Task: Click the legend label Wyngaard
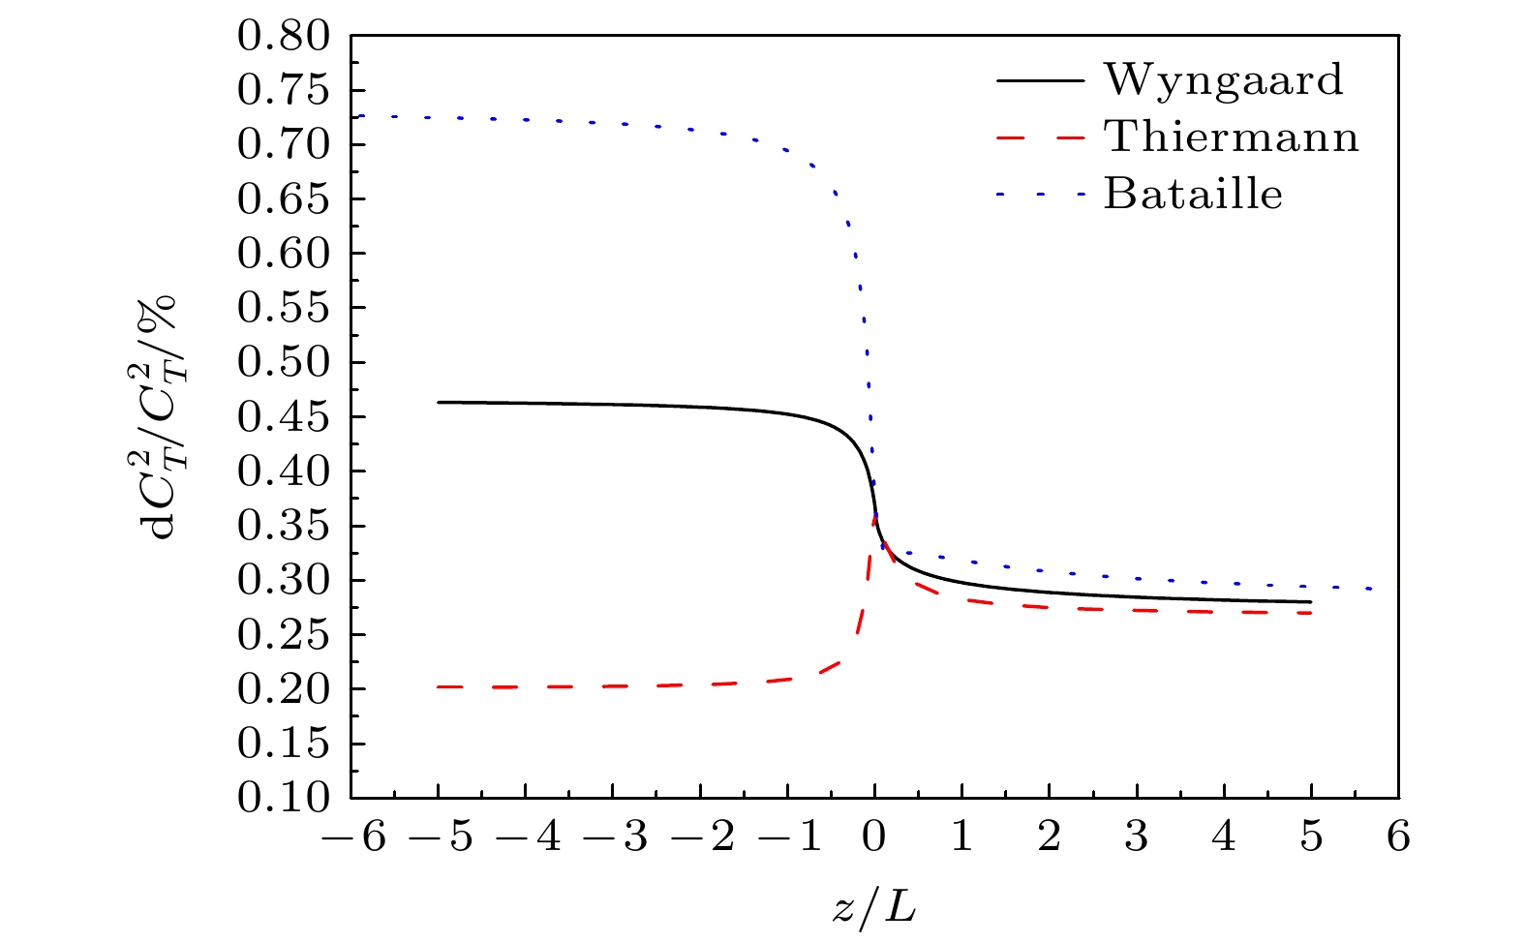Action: click(x=1224, y=80)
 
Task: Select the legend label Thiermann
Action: click(x=1232, y=137)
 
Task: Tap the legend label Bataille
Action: click(x=1193, y=195)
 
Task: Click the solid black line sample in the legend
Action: click(x=1040, y=80)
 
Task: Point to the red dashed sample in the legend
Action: click(x=1040, y=137)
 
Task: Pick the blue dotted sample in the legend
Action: click(x=1040, y=195)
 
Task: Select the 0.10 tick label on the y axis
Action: click(x=286, y=799)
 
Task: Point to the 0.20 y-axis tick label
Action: click(x=286, y=689)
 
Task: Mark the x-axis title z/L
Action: click(x=873, y=906)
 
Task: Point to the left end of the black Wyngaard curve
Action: click(x=439, y=402)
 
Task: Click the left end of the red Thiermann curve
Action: click(x=439, y=686)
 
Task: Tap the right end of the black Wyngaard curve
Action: click(x=1311, y=602)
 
